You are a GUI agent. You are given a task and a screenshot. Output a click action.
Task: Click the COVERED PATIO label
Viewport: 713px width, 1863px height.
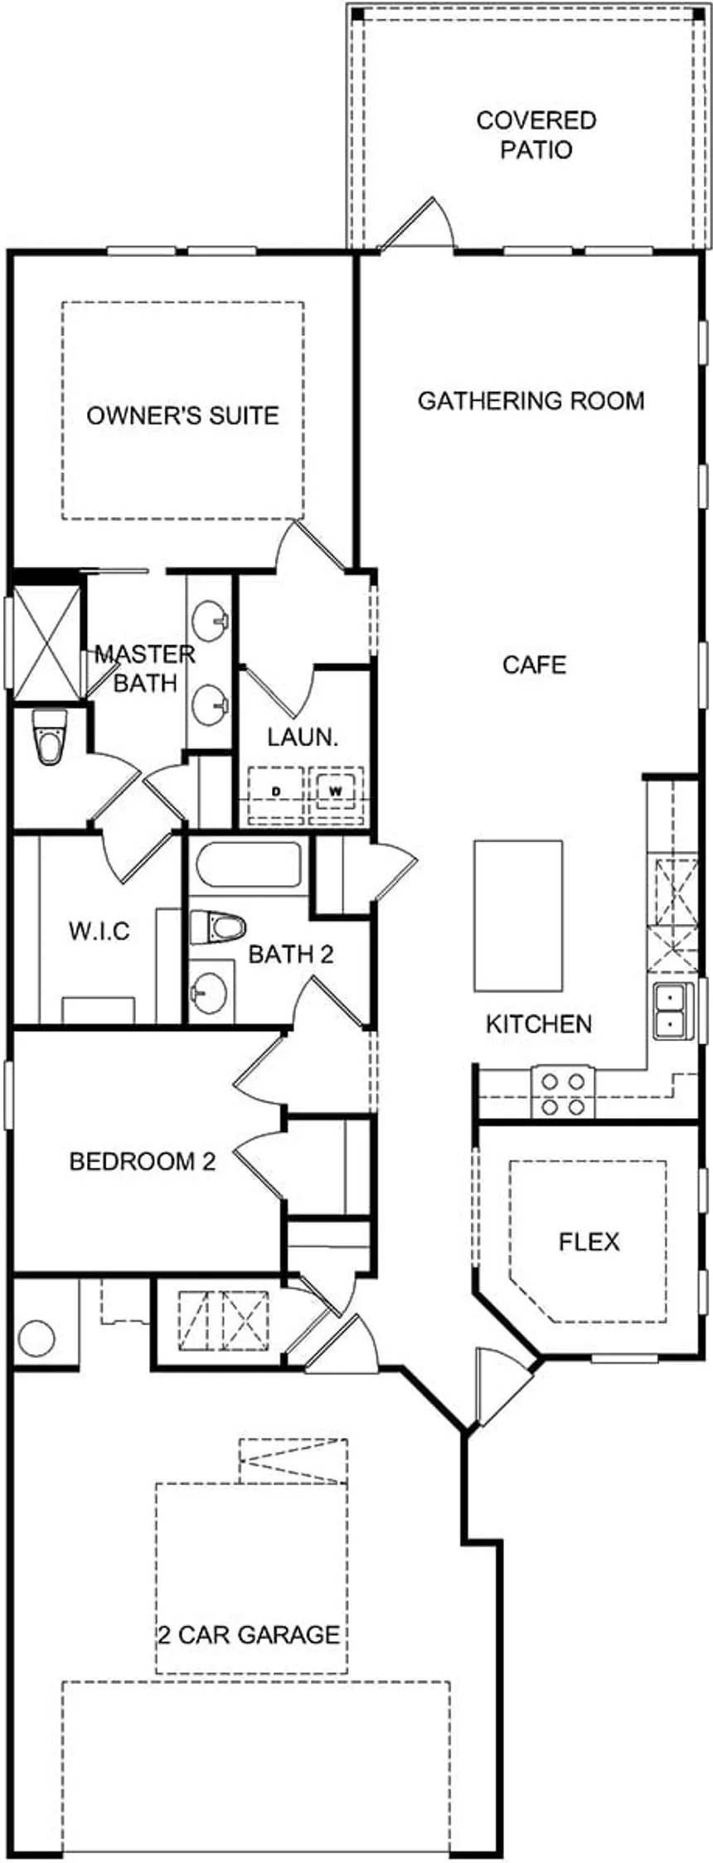(x=536, y=135)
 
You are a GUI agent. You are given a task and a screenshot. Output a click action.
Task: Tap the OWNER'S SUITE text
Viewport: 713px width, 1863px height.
(x=182, y=415)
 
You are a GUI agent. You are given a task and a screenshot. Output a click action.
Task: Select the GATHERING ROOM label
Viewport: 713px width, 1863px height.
(x=531, y=401)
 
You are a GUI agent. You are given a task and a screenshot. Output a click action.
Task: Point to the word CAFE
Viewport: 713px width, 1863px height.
(x=535, y=665)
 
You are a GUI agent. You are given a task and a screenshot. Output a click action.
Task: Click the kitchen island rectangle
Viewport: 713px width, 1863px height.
(x=518, y=916)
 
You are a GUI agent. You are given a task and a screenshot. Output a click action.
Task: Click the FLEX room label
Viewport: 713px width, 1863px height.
(x=589, y=1241)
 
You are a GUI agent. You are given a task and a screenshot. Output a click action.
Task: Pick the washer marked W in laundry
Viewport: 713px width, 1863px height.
(x=336, y=791)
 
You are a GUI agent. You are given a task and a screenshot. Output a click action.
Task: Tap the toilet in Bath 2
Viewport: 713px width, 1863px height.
(x=217, y=927)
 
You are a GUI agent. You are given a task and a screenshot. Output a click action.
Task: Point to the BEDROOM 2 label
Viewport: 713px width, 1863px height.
(x=143, y=1161)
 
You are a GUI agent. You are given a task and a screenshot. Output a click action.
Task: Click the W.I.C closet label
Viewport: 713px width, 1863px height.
(x=99, y=931)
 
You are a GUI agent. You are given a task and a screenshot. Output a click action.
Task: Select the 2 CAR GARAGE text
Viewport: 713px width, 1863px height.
(x=249, y=1634)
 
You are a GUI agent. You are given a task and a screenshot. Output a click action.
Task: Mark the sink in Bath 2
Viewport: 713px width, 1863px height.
(x=208, y=987)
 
